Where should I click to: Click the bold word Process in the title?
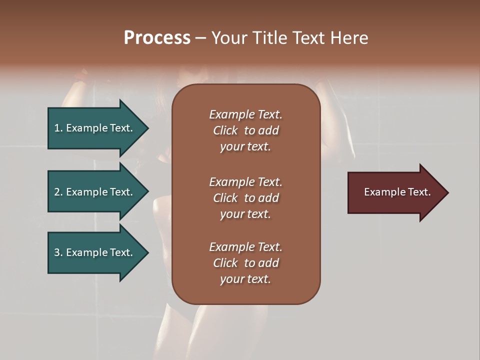pyautogui.click(x=157, y=38)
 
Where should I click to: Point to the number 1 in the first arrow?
pyautogui.click(x=56, y=128)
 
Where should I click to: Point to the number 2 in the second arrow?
pyautogui.click(x=57, y=192)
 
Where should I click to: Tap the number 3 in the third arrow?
pyautogui.click(x=57, y=252)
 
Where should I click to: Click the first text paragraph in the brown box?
pyautogui.click(x=245, y=130)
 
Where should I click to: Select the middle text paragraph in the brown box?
pyautogui.click(x=245, y=198)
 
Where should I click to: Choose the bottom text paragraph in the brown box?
pyautogui.click(x=245, y=263)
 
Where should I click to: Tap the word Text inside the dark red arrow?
pyautogui.click(x=419, y=192)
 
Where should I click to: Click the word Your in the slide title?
pyautogui.click(x=229, y=38)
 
